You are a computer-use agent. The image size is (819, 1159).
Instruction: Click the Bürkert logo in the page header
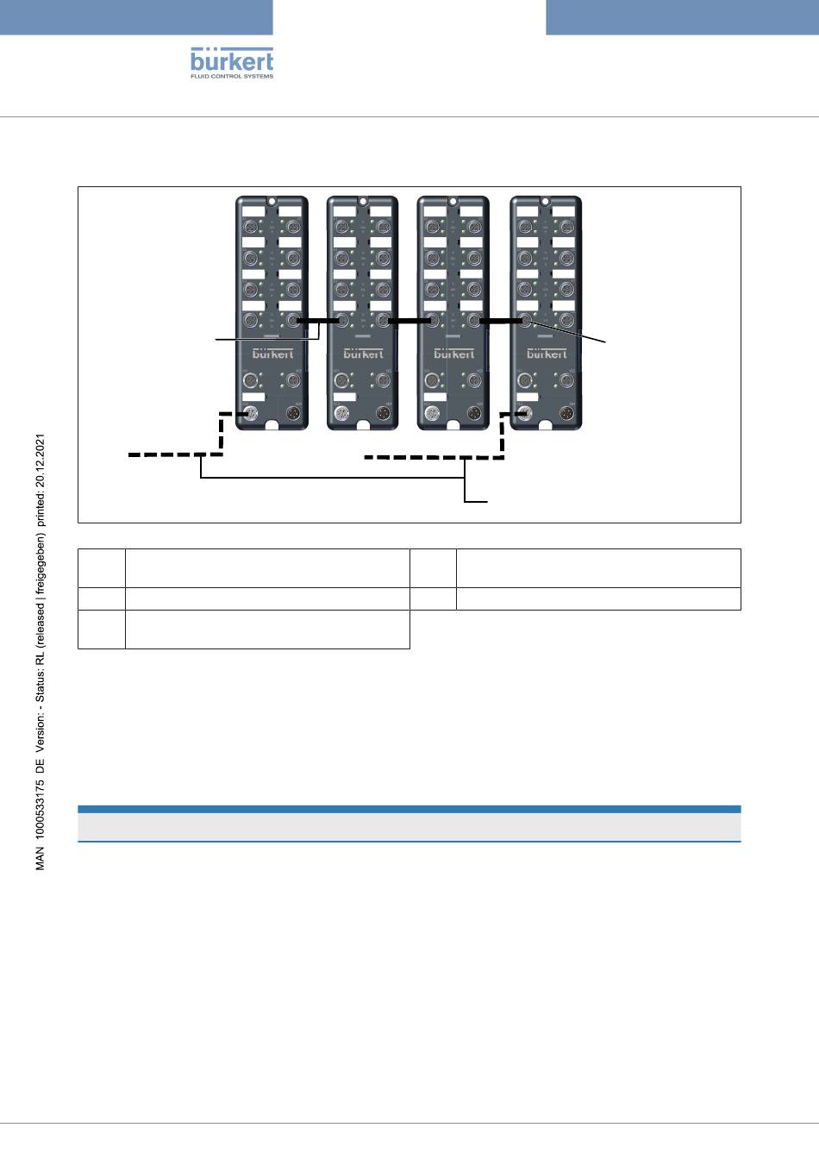point(231,60)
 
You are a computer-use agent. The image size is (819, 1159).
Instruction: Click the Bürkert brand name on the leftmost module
point(272,354)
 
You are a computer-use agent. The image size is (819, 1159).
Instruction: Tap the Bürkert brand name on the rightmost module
point(547,354)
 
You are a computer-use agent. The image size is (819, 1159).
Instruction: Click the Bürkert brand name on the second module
point(364,354)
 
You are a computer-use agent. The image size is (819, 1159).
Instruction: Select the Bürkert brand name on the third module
point(453,354)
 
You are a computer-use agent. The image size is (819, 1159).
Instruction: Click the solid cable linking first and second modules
point(317,321)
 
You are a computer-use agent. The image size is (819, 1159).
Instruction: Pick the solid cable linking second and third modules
point(408,321)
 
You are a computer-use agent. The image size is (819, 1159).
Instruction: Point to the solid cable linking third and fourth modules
point(500,321)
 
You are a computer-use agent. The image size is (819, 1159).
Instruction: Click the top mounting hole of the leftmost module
point(272,201)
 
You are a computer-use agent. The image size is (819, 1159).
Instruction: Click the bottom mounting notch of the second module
point(363,424)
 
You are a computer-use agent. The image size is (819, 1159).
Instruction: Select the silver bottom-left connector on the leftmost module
point(252,414)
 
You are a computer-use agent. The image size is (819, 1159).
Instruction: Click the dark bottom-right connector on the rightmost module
point(566,414)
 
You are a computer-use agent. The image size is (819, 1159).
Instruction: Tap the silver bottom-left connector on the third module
point(433,414)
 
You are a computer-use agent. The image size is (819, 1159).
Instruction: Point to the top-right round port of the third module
point(473,226)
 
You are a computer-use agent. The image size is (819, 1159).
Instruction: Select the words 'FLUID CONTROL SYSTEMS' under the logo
point(231,77)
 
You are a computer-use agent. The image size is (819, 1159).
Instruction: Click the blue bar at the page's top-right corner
point(682,17)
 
